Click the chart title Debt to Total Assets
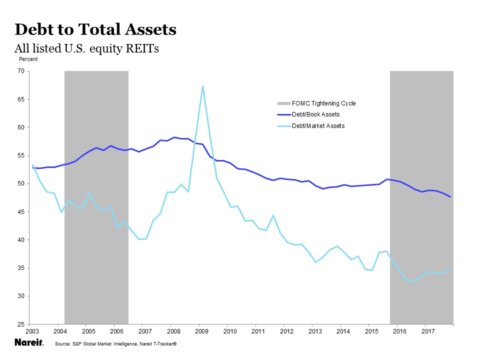pos(95,30)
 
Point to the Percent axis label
pos(28,59)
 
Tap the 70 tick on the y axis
pos(21,71)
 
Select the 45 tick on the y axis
pos(21,212)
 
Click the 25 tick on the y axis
pos(21,324)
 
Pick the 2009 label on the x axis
pos(201,331)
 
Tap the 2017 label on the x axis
pos(428,331)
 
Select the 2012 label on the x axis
pos(286,331)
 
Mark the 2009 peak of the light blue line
pos(202,86)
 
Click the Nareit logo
pos(29,343)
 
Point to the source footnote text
pos(116,344)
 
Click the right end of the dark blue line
pos(450,196)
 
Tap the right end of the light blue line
pos(450,270)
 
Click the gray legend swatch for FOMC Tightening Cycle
pos(283,103)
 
